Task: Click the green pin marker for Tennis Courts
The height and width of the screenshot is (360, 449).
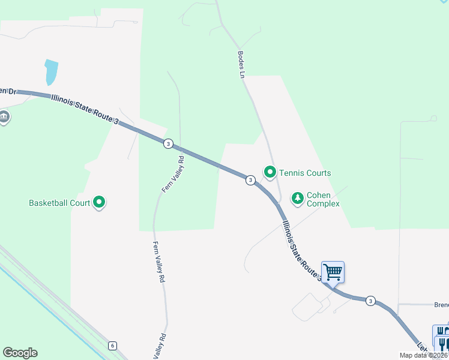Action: point(270,173)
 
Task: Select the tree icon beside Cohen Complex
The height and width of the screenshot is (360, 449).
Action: point(297,197)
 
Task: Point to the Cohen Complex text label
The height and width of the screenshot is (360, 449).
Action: point(323,199)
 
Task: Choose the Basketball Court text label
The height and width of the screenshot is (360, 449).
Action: point(59,203)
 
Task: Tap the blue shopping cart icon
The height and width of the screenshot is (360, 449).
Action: point(333,272)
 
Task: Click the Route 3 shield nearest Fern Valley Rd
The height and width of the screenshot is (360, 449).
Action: point(168,143)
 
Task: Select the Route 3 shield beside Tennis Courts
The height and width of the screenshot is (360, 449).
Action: point(250,180)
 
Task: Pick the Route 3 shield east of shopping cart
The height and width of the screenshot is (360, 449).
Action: point(370,301)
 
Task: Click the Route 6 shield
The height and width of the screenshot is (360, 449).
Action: point(112,346)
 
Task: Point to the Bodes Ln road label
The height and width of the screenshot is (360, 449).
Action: point(242,63)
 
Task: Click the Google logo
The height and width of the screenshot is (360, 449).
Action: point(20,353)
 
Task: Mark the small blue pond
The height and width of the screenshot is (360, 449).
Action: point(51,72)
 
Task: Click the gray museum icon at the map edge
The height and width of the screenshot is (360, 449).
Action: point(4,117)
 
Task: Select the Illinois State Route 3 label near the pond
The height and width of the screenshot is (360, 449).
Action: point(85,108)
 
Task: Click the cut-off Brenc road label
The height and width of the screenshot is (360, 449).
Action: point(441,305)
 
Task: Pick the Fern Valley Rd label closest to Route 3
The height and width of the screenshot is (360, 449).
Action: point(173,174)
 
